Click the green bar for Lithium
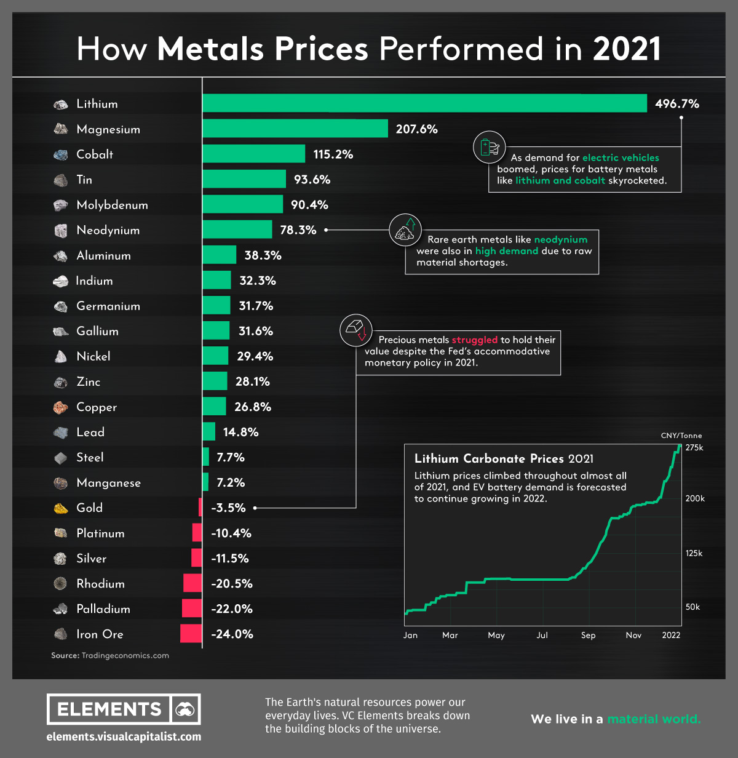click(x=424, y=103)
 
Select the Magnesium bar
click(x=295, y=129)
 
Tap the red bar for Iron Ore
click(x=191, y=634)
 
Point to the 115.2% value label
click(x=333, y=154)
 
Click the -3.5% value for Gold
click(x=228, y=508)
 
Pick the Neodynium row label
click(x=108, y=230)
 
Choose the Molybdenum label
click(x=112, y=205)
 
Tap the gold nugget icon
click(x=60, y=508)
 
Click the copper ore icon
click(x=60, y=407)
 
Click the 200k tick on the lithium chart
click(x=695, y=498)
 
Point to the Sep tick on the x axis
click(x=588, y=635)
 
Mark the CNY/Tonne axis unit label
click(x=681, y=436)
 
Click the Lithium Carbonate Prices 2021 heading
click(x=504, y=458)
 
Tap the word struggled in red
click(x=474, y=340)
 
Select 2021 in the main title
click(x=627, y=49)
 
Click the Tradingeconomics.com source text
click(x=125, y=656)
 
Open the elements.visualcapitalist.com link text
click(x=124, y=736)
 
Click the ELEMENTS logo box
click(x=124, y=709)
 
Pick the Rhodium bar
click(x=192, y=583)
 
